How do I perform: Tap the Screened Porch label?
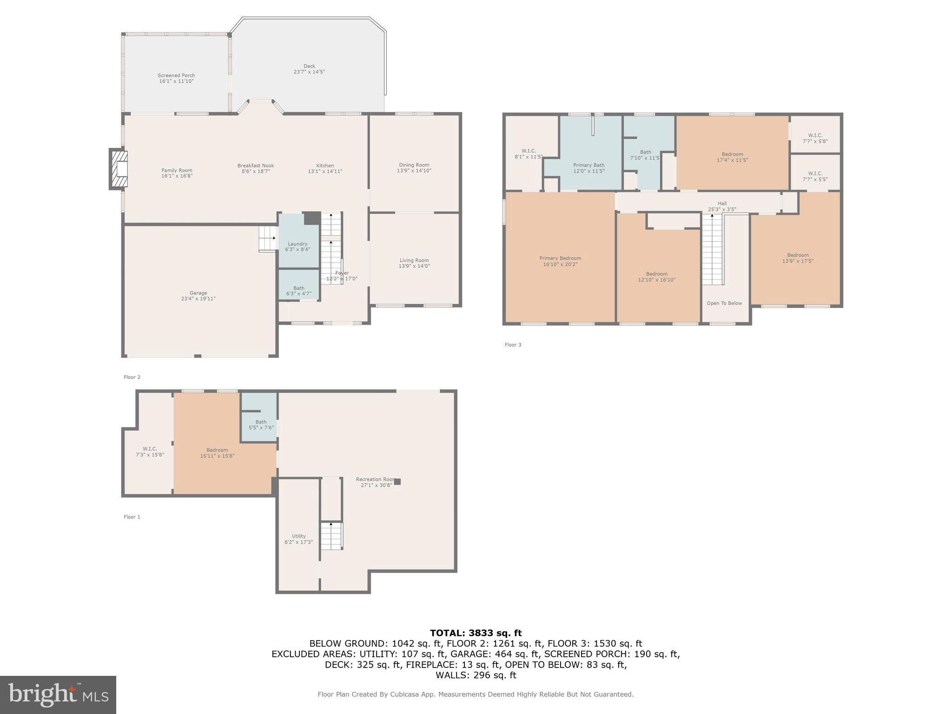click(x=176, y=75)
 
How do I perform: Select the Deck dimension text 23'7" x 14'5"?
click(x=309, y=72)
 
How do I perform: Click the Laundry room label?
click(x=297, y=244)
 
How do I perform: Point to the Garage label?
click(x=198, y=293)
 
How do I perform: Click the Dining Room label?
click(x=414, y=165)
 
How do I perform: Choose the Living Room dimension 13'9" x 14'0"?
click(x=414, y=266)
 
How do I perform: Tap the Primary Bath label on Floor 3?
click(x=588, y=165)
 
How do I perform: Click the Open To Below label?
click(x=724, y=303)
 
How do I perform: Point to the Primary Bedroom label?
click(x=560, y=258)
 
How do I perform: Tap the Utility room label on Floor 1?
click(x=298, y=536)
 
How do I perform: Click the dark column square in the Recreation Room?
click(x=397, y=482)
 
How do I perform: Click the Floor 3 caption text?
click(x=513, y=345)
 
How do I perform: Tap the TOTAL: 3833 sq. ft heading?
click(x=476, y=633)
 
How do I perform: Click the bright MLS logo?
click(x=58, y=694)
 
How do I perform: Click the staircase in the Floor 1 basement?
click(x=331, y=536)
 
